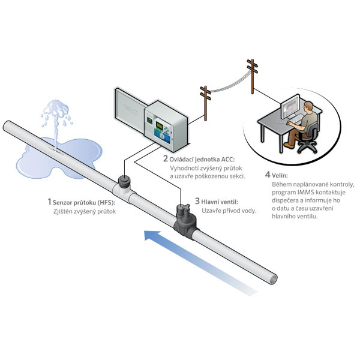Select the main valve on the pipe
(x=184, y=220)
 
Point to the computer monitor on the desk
(x=290, y=106)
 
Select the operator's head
(x=308, y=107)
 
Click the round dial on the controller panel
(x=163, y=136)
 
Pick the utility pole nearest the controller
(x=205, y=103)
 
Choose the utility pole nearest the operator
(x=253, y=76)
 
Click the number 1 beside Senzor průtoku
(x=49, y=202)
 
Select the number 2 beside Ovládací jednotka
(x=166, y=158)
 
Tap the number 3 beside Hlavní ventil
(x=197, y=201)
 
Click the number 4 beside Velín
(x=268, y=175)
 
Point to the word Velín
(x=280, y=176)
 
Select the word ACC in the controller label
(x=228, y=160)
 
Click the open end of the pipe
(x=273, y=279)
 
